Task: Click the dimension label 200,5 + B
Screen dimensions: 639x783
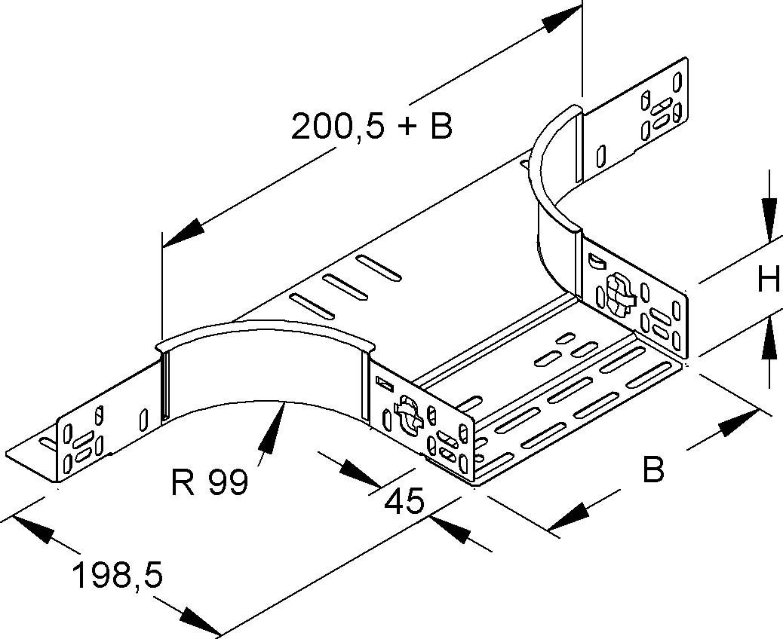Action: point(372,127)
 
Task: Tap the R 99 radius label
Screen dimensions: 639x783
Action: point(209,482)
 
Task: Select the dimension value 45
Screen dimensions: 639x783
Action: point(404,501)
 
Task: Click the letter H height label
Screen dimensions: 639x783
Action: point(769,281)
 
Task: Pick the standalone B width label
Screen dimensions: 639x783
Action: point(652,469)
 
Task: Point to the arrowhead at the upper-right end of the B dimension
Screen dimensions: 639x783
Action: point(738,423)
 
